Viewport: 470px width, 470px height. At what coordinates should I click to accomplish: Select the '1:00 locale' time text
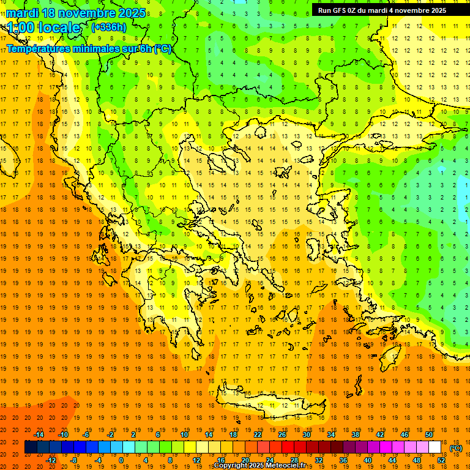pos(44,28)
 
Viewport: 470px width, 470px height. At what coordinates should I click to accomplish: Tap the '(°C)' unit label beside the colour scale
pos(456,448)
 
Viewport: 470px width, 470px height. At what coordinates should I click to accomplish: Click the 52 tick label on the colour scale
pos(441,460)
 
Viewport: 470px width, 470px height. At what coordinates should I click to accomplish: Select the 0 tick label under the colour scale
pos(121,460)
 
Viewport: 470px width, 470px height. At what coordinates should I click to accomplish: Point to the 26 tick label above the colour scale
pos(282,435)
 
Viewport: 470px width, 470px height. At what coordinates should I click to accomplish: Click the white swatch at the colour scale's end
pos(435,447)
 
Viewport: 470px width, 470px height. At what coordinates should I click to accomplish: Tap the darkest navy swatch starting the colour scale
pos(31,447)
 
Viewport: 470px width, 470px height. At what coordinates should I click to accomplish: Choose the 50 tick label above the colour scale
pos(429,435)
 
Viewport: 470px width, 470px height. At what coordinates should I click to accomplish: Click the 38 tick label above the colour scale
pos(356,435)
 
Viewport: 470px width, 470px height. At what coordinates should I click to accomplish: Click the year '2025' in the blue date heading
pos(130,13)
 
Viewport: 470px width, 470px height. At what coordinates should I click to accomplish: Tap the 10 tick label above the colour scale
pos(184,435)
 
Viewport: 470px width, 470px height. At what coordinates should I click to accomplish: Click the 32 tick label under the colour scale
pos(319,460)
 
